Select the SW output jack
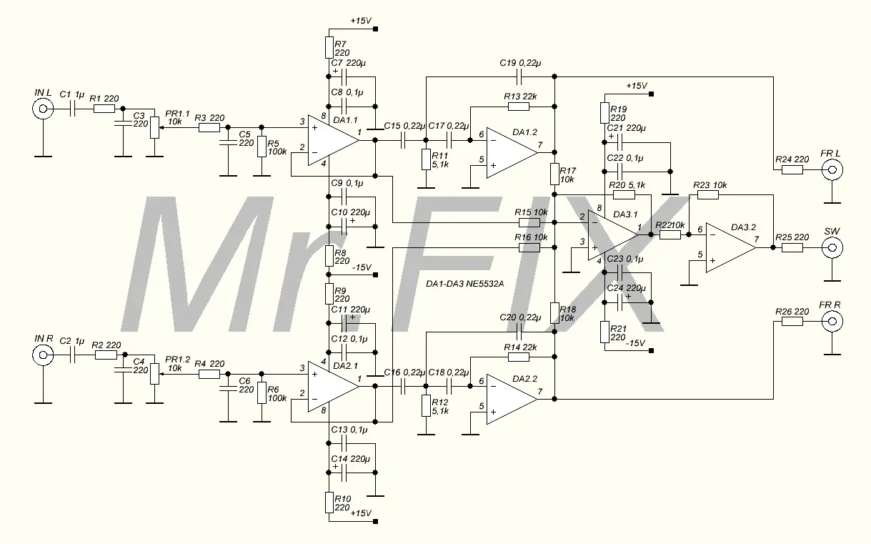pos(831,248)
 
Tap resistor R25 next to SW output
pos(792,248)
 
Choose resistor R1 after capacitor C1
pos(104,109)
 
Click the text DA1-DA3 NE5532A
pos(464,284)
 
